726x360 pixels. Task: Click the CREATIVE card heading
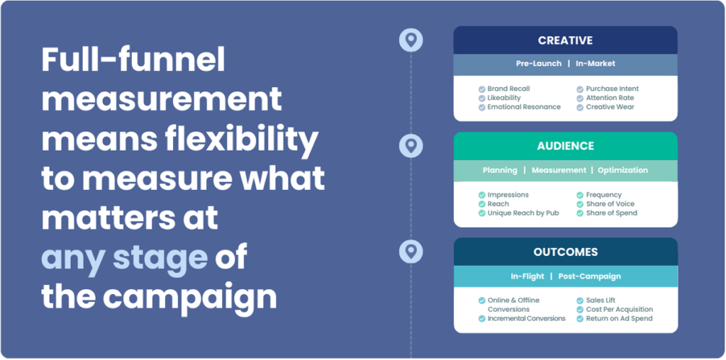click(x=565, y=40)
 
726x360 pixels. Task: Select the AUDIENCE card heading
click(x=565, y=146)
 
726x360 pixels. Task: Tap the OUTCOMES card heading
click(x=565, y=252)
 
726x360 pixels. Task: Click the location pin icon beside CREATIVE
click(x=411, y=40)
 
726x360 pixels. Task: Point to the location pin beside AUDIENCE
click(x=411, y=146)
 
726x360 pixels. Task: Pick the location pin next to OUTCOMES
click(x=411, y=252)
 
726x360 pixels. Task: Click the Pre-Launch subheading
click(x=539, y=64)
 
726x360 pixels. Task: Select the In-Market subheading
click(x=596, y=64)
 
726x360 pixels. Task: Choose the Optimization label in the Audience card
click(x=622, y=170)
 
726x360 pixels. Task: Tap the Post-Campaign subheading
click(x=589, y=276)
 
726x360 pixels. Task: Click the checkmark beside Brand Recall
click(x=482, y=89)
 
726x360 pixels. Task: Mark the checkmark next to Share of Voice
click(x=580, y=204)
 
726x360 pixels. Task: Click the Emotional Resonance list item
click(x=524, y=107)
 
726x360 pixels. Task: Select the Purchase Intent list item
click(x=612, y=89)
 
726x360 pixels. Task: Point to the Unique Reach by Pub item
click(x=523, y=213)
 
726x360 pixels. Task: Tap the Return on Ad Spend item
click(x=619, y=318)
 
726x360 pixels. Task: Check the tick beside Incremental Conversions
click(x=482, y=319)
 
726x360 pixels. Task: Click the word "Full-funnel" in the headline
click(x=133, y=60)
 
